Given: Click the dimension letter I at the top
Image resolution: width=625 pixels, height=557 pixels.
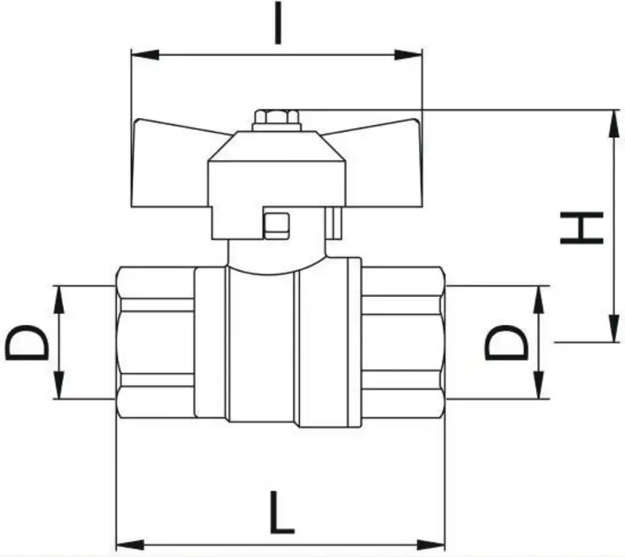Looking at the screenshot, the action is click(278, 23).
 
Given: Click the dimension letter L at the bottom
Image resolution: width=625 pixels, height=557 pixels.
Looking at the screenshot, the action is click(282, 512).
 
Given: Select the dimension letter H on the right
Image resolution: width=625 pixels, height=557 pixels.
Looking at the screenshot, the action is click(581, 227).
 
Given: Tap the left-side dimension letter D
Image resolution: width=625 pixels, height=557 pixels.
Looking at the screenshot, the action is click(27, 342).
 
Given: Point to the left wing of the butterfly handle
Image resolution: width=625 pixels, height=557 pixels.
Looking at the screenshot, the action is click(171, 162).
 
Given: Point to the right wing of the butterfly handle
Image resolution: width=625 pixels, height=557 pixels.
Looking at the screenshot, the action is click(383, 162).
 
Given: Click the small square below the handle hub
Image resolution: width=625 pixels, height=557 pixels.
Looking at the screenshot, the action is click(277, 226).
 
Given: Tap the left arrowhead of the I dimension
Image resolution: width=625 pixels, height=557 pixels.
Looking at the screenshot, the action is click(145, 55).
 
